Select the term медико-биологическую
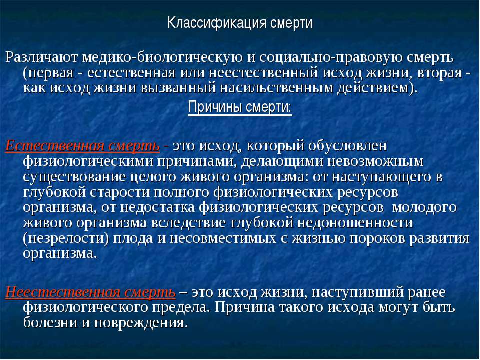pos(162,58)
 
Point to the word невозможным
pos(375,161)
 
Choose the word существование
pos(74,177)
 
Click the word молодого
pos(424,207)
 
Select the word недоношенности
pos(355,223)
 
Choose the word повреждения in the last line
pos(140,323)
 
